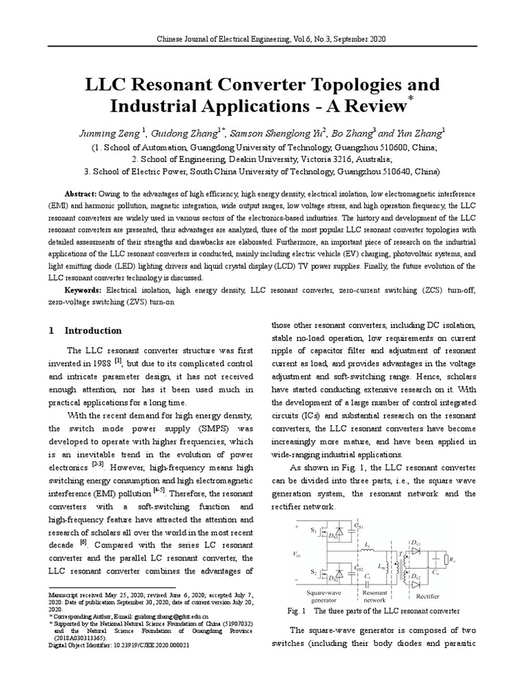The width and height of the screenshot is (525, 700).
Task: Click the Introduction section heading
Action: pyautogui.click(x=93, y=330)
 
